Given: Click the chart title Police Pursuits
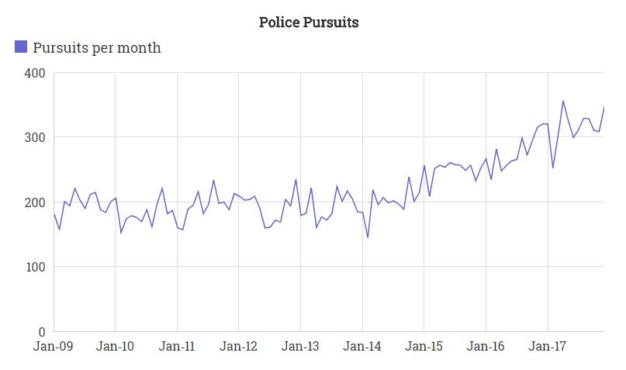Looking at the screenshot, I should (309, 22).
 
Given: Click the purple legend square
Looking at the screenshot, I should (22, 47).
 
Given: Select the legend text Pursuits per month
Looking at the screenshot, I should (97, 47).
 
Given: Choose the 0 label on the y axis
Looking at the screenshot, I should (42, 332).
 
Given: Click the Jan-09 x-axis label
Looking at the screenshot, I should (53, 346).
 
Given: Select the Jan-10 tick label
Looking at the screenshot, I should (115, 346).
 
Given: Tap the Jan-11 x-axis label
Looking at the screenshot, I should (177, 346).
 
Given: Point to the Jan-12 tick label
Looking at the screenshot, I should (239, 346).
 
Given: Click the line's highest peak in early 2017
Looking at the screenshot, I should (563, 101).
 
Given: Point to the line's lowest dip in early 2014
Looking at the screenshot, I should (368, 237).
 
